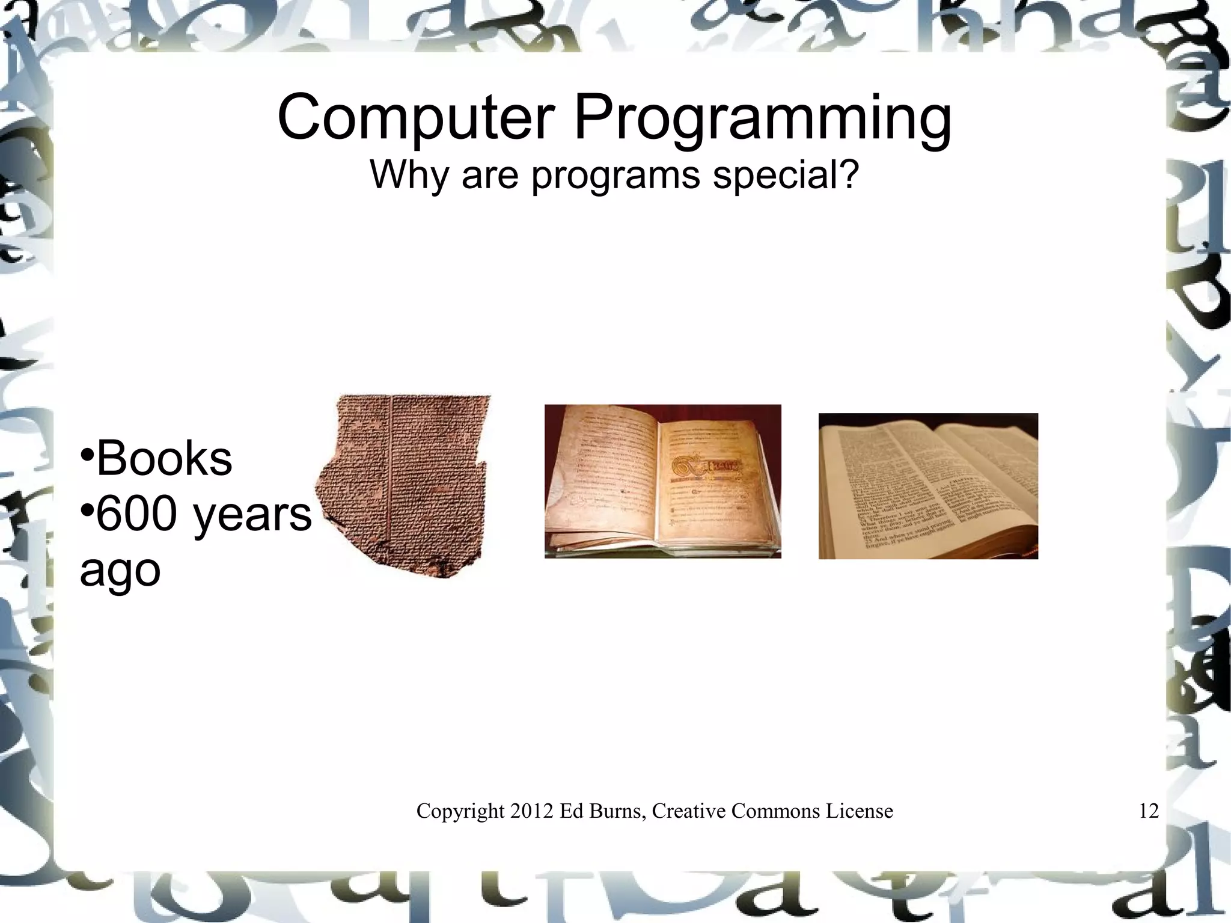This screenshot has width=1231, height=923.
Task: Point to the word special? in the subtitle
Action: [x=786, y=176]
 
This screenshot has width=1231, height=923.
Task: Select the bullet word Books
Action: [x=164, y=459]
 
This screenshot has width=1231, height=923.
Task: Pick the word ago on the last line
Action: [x=120, y=571]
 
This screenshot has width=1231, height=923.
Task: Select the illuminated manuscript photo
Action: [x=662, y=481]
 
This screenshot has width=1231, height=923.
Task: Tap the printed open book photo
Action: [x=928, y=486]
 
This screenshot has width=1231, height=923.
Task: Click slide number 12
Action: [x=1148, y=811]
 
